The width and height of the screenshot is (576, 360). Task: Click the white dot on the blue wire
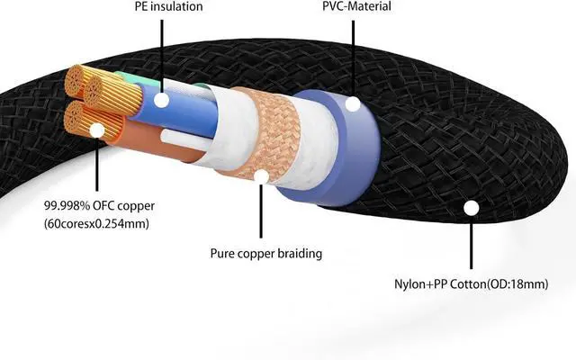[x=162, y=99]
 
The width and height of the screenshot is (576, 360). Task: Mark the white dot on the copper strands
[x=95, y=130]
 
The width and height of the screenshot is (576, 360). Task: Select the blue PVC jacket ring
[x=324, y=144]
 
